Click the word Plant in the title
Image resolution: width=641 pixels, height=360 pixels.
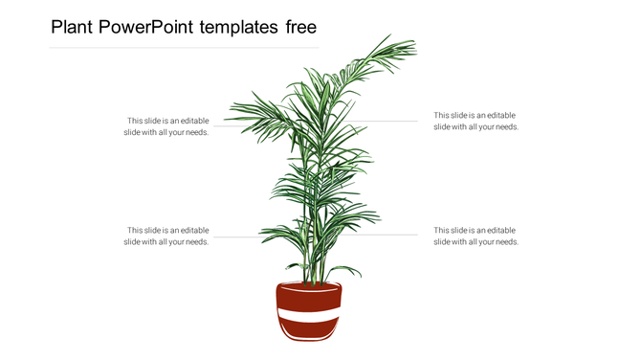[x=74, y=27]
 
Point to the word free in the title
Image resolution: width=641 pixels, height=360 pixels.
[x=300, y=27]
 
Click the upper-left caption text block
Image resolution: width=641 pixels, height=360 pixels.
[x=166, y=126]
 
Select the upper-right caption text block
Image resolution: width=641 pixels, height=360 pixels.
[x=476, y=121]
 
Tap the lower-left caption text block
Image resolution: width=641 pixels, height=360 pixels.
[x=166, y=236]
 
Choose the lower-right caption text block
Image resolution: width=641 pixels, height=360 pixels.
[x=476, y=236]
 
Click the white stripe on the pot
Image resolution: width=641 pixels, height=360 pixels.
[x=308, y=315]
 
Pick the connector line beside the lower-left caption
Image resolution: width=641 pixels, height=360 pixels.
[x=234, y=236]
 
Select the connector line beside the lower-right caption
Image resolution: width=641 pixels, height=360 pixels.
[x=387, y=235]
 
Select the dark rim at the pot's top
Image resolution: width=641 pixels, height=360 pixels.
[x=308, y=287]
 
